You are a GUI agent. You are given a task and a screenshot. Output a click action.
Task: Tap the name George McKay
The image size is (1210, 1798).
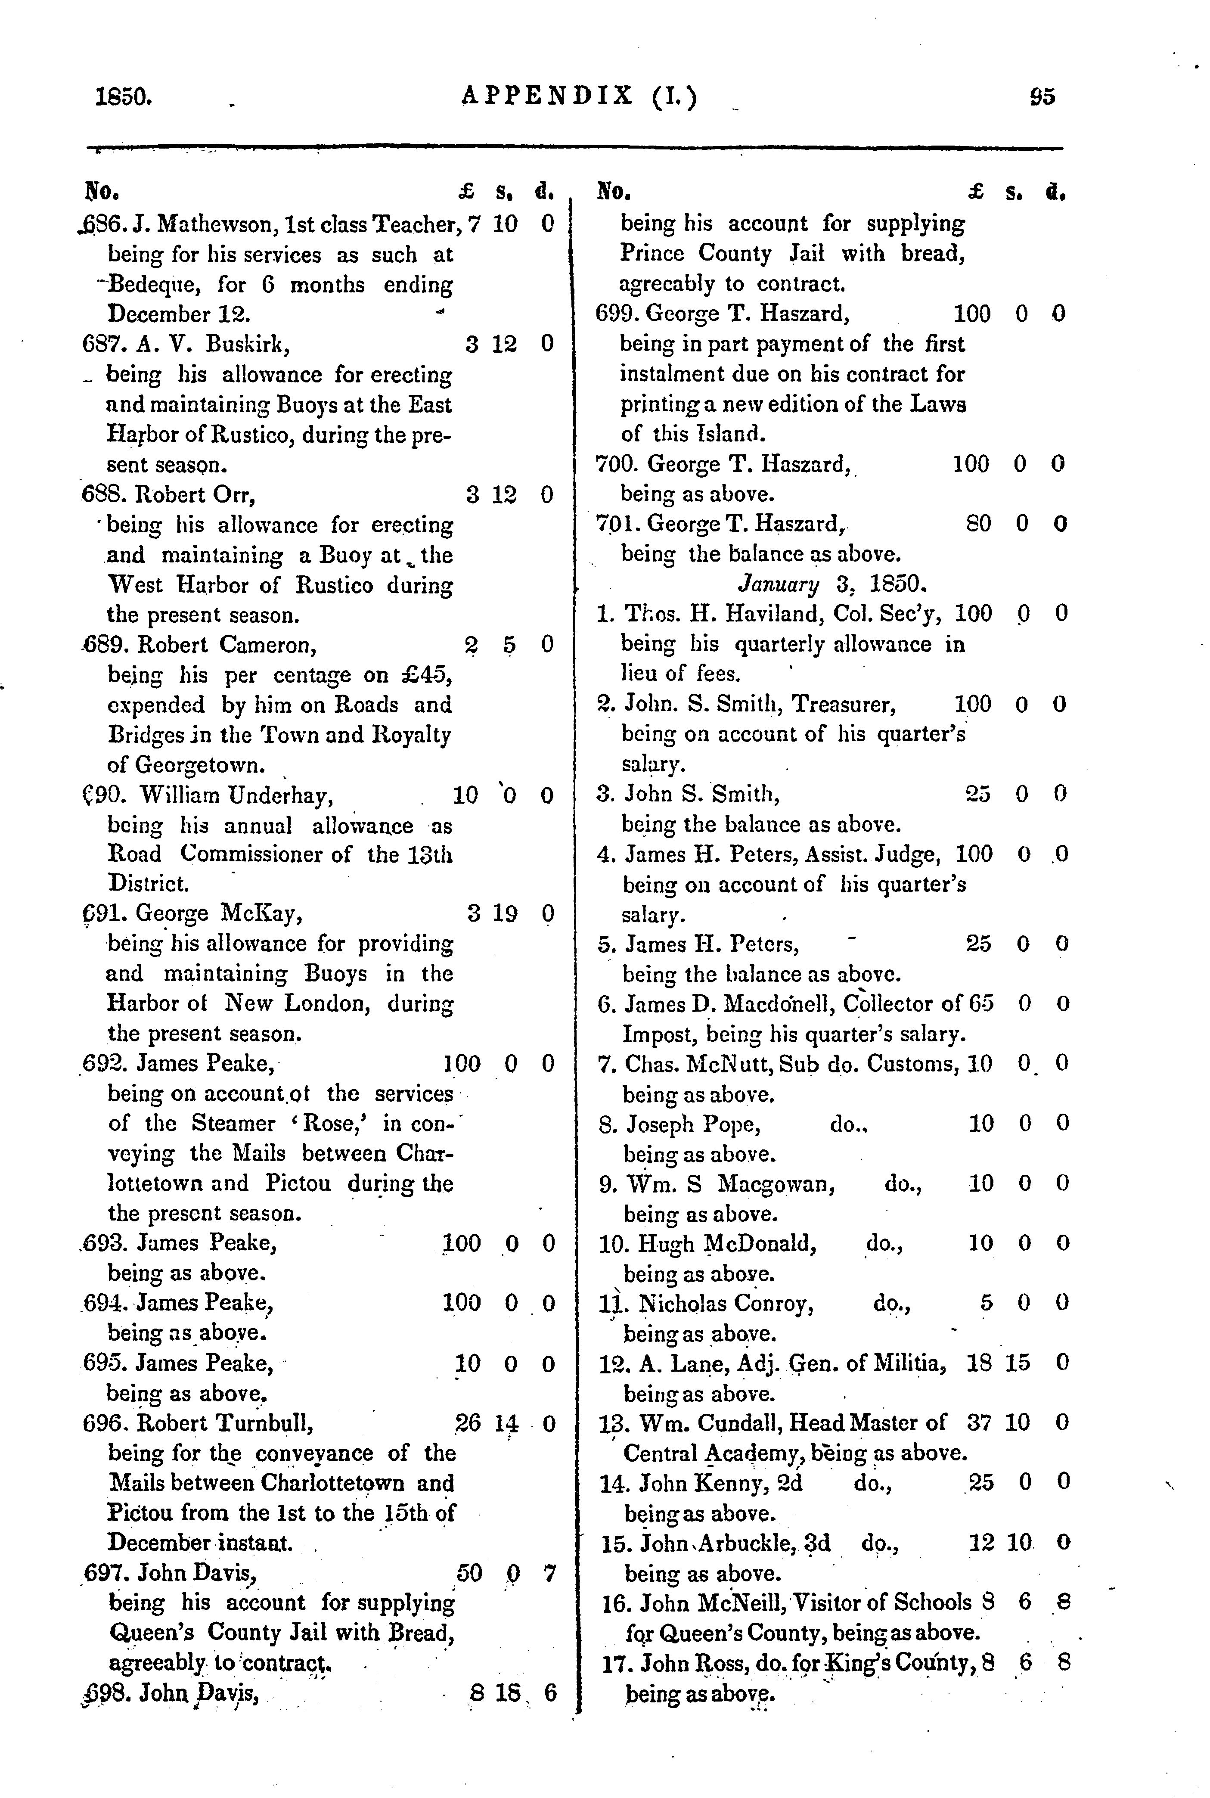click(x=219, y=914)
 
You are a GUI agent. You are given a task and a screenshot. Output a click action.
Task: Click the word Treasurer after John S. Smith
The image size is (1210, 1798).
click(x=844, y=705)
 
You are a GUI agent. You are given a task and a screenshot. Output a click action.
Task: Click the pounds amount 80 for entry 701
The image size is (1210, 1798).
click(x=977, y=524)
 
